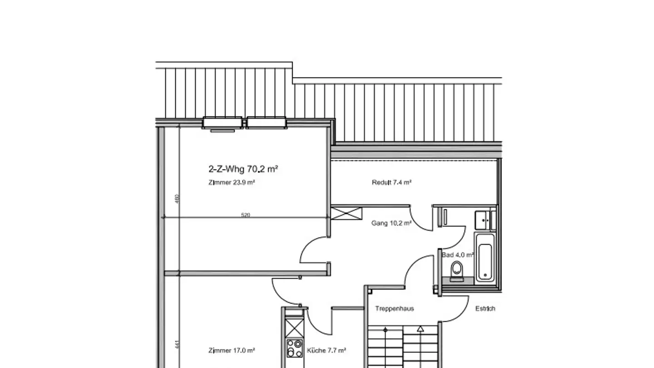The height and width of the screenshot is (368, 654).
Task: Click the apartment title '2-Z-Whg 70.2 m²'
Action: click(x=243, y=169)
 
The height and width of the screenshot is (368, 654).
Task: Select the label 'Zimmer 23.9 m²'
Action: click(x=231, y=183)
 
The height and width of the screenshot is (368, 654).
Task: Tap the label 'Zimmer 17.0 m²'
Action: click(x=231, y=351)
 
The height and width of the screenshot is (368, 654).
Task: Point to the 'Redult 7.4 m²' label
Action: click(x=391, y=183)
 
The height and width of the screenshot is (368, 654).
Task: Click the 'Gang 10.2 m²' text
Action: click(x=391, y=223)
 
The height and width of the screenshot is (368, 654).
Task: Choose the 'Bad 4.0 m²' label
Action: click(x=457, y=255)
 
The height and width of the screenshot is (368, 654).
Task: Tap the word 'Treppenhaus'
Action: click(x=394, y=308)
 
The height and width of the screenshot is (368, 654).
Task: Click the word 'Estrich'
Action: click(x=485, y=308)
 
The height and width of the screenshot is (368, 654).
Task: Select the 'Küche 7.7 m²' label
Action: click(x=327, y=351)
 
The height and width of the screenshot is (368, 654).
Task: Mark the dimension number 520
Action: click(x=245, y=215)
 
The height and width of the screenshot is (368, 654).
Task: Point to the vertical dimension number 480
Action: click(x=178, y=199)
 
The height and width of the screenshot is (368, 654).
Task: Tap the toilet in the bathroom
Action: click(x=456, y=271)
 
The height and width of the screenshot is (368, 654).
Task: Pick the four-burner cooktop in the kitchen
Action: click(x=294, y=348)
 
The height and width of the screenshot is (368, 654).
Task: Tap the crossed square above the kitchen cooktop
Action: click(x=294, y=328)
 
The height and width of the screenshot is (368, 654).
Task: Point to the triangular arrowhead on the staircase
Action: click(x=421, y=329)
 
